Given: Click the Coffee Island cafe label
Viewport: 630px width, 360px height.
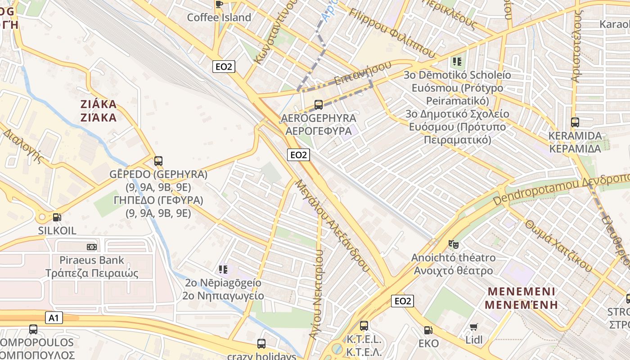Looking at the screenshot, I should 219,18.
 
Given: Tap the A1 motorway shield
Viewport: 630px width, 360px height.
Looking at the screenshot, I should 54,318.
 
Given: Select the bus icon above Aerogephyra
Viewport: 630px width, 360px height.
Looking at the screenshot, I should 319,105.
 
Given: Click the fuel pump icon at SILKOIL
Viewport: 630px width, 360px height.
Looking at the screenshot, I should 57,217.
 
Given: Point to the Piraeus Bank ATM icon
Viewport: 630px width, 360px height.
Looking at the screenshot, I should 92,247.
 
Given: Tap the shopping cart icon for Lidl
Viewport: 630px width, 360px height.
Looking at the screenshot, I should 473,327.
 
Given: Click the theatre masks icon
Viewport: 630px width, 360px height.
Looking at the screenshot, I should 454,244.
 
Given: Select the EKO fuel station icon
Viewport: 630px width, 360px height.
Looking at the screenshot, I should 428,330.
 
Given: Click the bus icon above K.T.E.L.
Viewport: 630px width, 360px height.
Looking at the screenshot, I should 364,325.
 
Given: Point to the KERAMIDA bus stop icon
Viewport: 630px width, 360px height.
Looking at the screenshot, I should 575,122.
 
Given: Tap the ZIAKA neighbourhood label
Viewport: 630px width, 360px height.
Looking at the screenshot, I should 98,111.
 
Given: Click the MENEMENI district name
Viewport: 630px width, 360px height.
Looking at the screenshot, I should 522,297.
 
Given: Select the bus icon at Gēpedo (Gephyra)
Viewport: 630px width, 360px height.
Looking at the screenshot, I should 158,161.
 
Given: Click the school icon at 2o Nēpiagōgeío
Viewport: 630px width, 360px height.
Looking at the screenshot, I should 223,270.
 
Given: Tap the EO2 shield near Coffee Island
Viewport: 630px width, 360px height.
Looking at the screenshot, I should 224,67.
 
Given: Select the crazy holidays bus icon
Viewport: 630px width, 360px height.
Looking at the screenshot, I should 261,344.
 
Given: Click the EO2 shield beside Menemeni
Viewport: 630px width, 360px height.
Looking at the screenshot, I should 402,301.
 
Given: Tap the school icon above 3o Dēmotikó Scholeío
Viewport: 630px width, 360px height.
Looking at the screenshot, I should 458,61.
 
